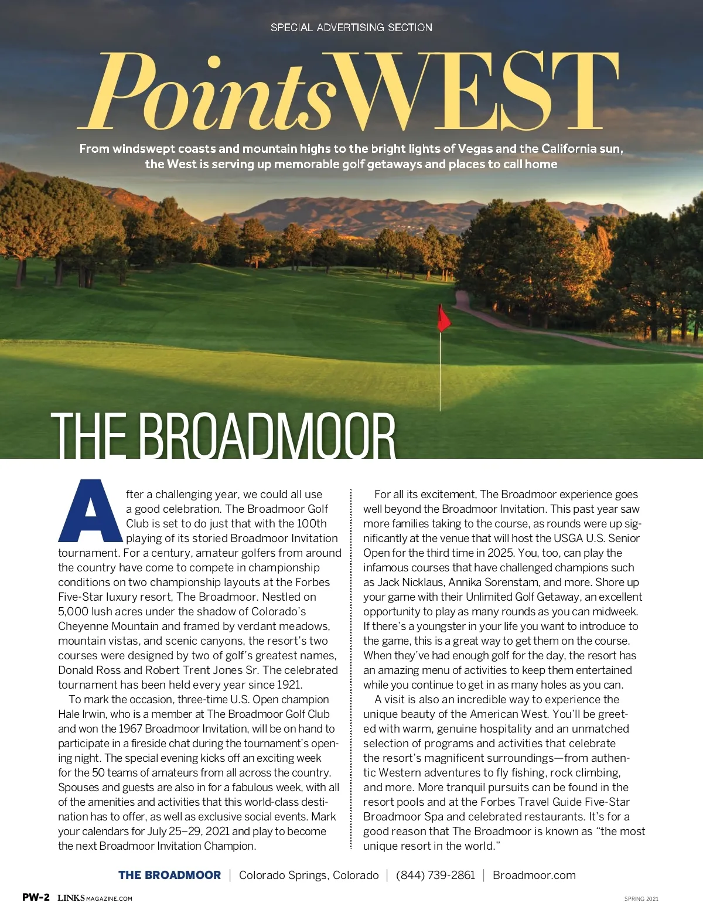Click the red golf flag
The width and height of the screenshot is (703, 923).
pyautogui.click(x=443, y=318)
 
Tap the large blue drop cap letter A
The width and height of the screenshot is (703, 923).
pyautogui.click(x=90, y=511)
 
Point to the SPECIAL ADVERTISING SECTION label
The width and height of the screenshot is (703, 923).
pyautogui.click(x=351, y=28)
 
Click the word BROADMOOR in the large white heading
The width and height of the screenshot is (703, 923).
pyautogui.click(x=267, y=437)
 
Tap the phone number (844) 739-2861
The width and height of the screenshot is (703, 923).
pyautogui.click(x=435, y=875)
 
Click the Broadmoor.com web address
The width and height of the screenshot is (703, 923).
pyautogui.click(x=534, y=875)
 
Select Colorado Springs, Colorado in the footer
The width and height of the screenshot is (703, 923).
pyautogui.click(x=309, y=875)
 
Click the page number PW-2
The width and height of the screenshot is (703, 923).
pyautogui.click(x=36, y=897)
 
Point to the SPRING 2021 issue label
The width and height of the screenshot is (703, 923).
pyautogui.click(x=641, y=898)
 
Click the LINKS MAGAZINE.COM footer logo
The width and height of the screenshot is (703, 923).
pyautogui.click(x=95, y=898)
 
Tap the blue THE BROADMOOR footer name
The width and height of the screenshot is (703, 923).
pyautogui.click(x=169, y=875)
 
